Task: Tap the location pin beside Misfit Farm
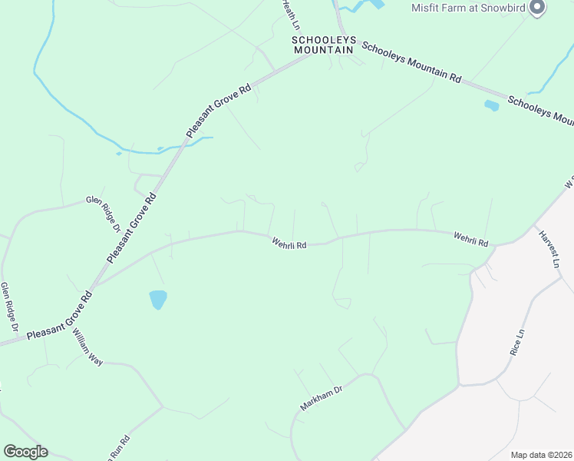(x=537, y=8)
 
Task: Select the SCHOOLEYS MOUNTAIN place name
(x=323, y=45)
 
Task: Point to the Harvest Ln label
(x=549, y=249)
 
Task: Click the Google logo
(x=25, y=452)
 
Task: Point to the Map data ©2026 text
(x=541, y=455)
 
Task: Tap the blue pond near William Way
(x=158, y=299)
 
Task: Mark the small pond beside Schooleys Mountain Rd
(x=491, y=106)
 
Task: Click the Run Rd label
(x=116, y=448)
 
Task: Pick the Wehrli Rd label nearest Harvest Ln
(x=470, y=239)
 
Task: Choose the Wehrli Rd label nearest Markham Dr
(x=289, y=243)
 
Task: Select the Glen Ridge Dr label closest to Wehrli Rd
(x=104, y=213)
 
